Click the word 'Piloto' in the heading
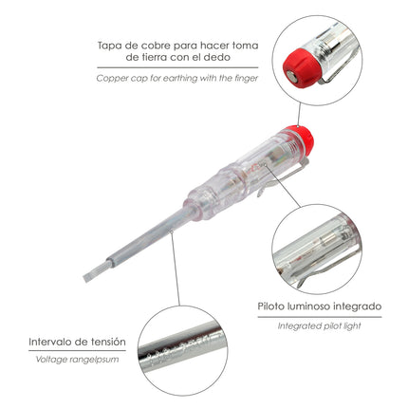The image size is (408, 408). click(x=274, y=306)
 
